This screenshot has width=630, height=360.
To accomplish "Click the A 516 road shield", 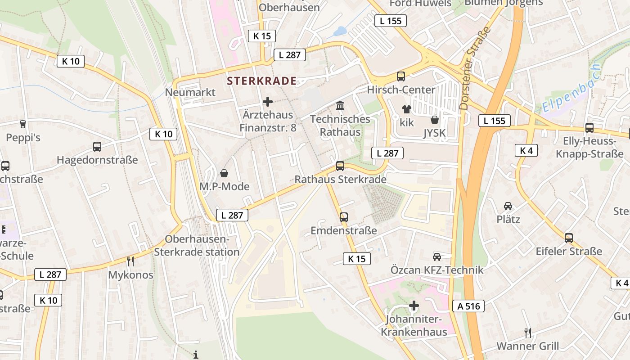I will [x=468, y=306].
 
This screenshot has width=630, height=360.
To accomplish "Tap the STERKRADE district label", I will [x=261, y=81].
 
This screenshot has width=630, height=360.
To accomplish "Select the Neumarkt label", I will [x=190, y=92].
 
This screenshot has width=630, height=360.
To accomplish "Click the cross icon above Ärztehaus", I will [x=268, y=102].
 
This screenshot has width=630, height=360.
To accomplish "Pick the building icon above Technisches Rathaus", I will [x=340, y=106].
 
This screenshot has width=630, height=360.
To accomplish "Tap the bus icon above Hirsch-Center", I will [x=401, y=76].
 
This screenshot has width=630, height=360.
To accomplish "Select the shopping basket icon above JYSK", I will [x=435, y=120].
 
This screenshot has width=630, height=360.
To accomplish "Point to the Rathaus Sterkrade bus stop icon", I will [x=340, y=166].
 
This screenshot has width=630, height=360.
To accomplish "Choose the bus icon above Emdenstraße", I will [x=344, y=217].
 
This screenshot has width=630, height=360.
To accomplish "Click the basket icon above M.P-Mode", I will [x=224, y=173].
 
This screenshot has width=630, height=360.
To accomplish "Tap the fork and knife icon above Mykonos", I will [x=130, y=261].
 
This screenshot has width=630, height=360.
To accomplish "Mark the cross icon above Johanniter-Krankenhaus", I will [x=414, y=306].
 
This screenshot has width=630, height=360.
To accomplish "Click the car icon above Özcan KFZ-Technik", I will [x=436, y=256].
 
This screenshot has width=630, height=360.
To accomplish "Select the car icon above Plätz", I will [x=508, y=206].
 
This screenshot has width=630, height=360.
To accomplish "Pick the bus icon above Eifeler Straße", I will [x=569, y=238].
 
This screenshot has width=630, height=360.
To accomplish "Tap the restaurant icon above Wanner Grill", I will [x=528, y=333].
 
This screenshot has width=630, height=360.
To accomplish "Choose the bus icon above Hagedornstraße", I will [x=97, y=146].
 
